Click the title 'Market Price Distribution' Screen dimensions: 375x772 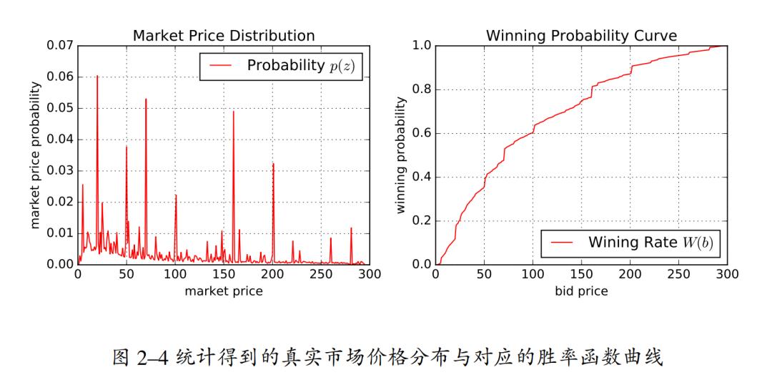pos(224,35)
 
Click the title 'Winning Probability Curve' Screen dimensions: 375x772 pos(581,35)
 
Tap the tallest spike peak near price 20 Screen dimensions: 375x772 pos(97,77)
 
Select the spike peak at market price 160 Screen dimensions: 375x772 pos(233,111)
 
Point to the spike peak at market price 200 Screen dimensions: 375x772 pos(273,164)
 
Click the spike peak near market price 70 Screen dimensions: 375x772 pos(146,99)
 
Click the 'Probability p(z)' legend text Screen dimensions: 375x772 pos(300,66)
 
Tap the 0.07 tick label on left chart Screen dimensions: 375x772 pos(59,46)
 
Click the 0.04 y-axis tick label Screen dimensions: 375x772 pos(59,140)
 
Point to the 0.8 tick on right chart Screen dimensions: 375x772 pos(421,89)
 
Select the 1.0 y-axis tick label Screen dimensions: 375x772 pos(421,46)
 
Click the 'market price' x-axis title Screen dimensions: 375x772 pos(224,291)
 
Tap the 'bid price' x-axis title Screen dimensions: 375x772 pos(581,291)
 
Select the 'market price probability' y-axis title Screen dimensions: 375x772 pos(34,155)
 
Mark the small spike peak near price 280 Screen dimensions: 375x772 pos(351,228)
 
